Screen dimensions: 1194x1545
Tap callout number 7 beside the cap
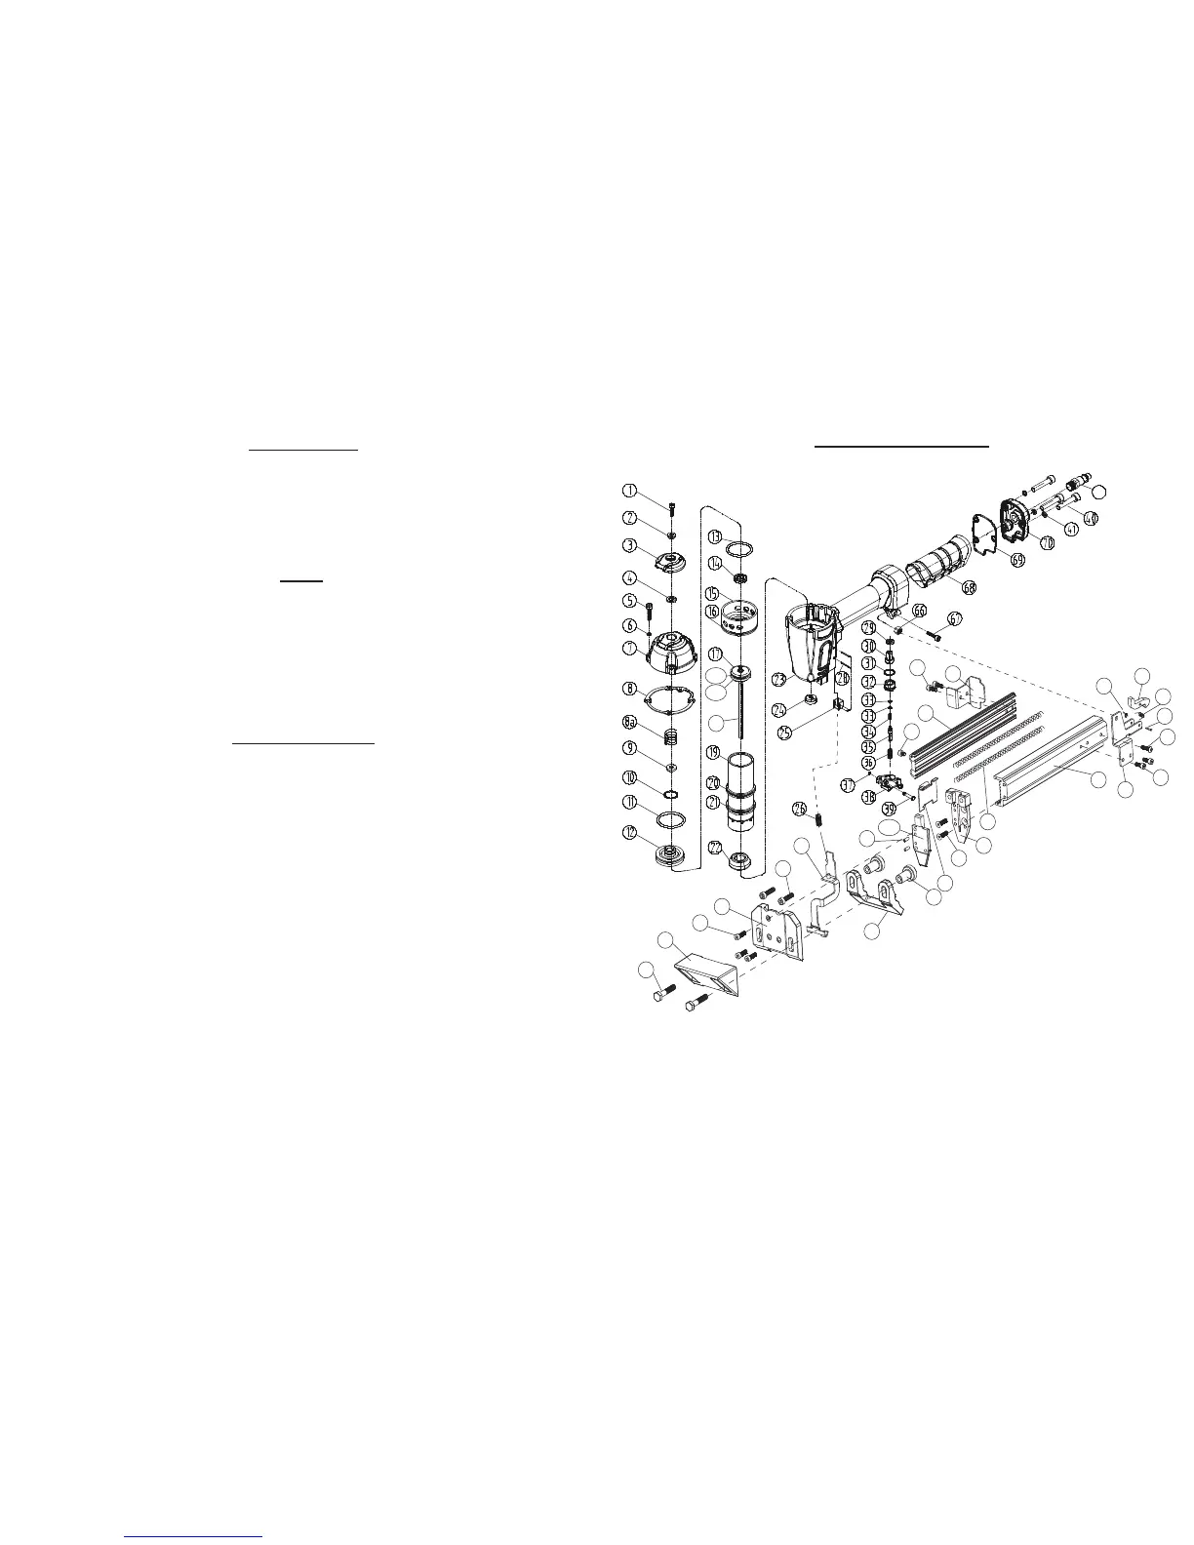631,648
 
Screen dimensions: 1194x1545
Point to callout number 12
631,834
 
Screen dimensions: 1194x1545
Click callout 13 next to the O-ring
715,536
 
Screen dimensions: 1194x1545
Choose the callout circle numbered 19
715,753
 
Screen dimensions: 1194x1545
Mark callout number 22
715,849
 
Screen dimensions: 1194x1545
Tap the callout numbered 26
800,808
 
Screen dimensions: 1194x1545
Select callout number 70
1047,541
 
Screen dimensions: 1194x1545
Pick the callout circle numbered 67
955,618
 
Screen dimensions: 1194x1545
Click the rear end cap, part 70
1014,519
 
